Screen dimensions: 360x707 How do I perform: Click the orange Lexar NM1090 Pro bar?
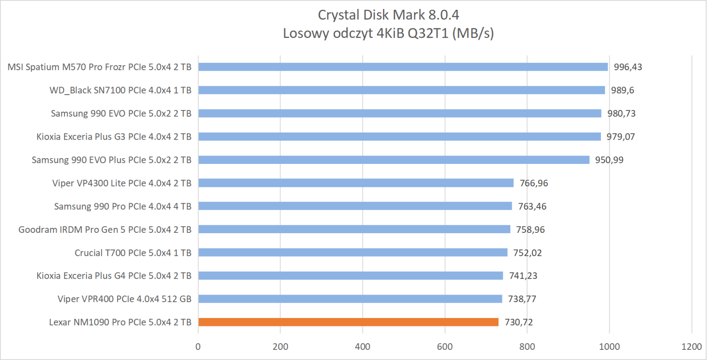click(348, 322)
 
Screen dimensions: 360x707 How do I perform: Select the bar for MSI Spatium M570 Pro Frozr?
click(403, 67)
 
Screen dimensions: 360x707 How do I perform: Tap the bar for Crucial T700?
click(353, 253)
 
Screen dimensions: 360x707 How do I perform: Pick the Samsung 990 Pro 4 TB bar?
click(355, 206)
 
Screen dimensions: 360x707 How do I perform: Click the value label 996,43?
click(628, 67)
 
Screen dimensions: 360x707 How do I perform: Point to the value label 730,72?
click(519, 322)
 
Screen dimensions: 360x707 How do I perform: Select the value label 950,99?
click(609, 160)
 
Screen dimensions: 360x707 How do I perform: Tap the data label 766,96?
click(534, 183)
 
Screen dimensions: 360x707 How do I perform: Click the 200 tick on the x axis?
click(280, 347)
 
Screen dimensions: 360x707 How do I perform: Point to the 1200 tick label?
click(692, 347)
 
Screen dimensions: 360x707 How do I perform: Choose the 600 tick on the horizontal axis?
click(445, 347)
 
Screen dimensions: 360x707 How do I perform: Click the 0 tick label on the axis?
click(198, 347)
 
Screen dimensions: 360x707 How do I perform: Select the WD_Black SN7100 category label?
click(120, 90)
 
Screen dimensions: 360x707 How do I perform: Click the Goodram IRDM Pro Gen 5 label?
click(105, 230)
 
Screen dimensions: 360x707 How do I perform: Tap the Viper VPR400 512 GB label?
click(124, 299)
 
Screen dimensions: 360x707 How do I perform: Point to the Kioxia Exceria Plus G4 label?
click(114, 276)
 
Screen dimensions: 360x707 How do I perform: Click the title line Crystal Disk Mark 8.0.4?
click(388, 15)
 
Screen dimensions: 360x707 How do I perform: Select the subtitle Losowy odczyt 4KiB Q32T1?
click(388, 33)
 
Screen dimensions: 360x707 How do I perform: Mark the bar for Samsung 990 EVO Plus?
click(394, 160)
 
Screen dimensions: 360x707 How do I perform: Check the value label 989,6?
click(622, 90)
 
